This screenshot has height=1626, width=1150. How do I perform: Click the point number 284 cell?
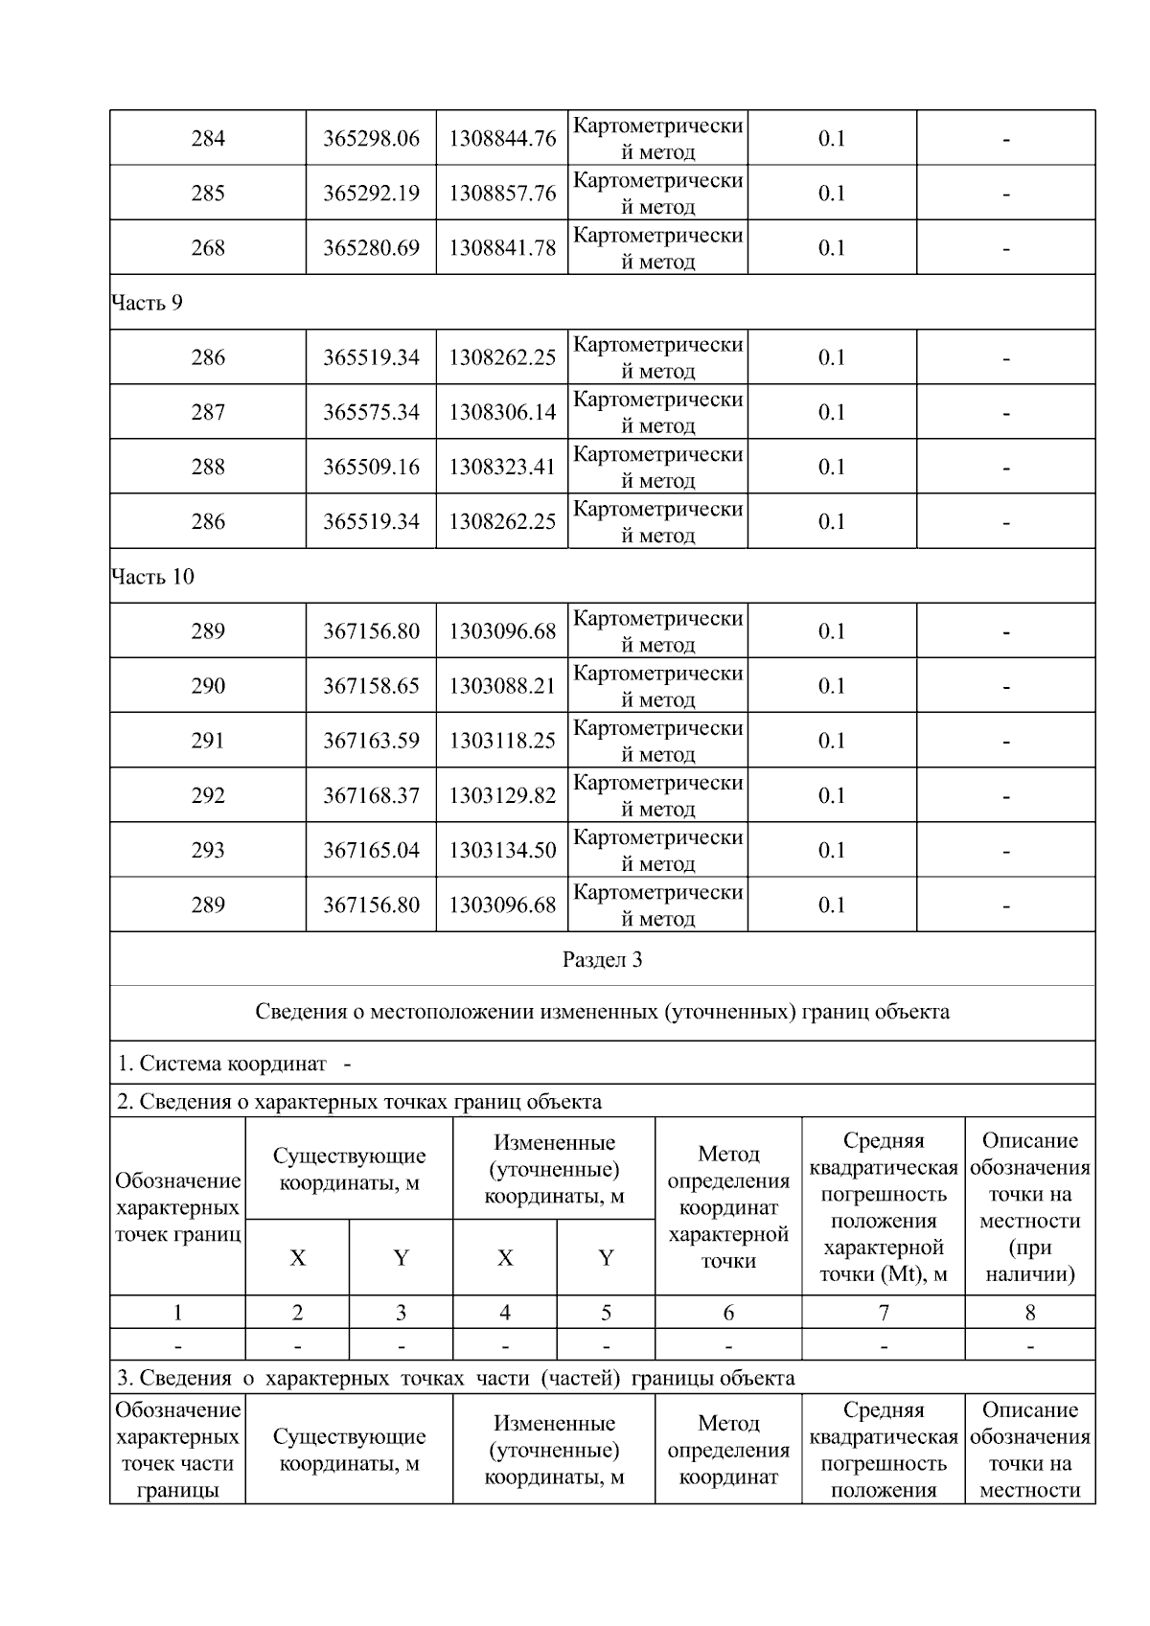click(208, 139)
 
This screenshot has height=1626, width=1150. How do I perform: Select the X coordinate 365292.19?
click(371, 194)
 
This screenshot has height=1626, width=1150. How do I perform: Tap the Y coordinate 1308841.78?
click(502, 248)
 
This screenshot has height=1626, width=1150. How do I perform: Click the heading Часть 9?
click(148, 303)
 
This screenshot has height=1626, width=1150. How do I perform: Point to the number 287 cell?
click(208, 413)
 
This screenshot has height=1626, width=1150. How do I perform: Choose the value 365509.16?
click(371, 468)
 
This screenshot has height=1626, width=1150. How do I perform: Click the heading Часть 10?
click(153, 577)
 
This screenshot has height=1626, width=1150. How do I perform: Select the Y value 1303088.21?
click(502, 686)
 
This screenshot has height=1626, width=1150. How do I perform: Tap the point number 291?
click(208, 741)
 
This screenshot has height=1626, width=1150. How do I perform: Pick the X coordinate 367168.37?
click(371, 796)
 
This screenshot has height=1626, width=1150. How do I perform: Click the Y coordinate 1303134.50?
click(502, 851)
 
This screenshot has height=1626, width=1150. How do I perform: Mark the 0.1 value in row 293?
click(832, 851)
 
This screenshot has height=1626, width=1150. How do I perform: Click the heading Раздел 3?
click(602, 960)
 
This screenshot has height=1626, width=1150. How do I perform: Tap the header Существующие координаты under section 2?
click(349, 1170)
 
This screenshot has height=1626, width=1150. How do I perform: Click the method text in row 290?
click(657, 686)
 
